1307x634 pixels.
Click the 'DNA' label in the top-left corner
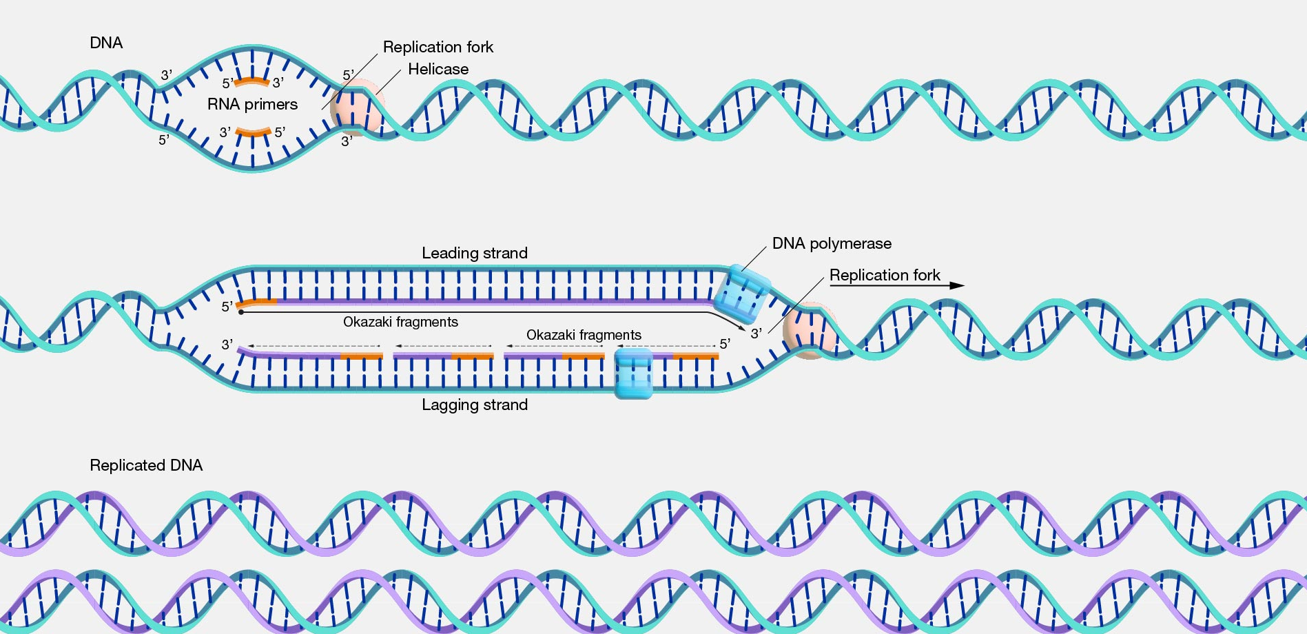pyautogui.click(x=106, y=43)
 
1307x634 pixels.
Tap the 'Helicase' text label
pyautogui.click(x=438, y=69)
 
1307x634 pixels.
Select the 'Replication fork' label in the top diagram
pyautogui.click(x=438, y=47)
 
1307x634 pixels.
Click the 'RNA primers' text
pyautogui.click(x=252, y=104)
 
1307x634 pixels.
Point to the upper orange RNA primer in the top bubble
pyautogui.click(x=252, y=81)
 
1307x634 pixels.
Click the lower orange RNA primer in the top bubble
pyautogui.click(x=253, y=132)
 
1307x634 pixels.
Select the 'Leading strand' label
pyautogui.click(x=475, y=253)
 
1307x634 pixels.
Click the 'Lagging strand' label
pyautogui.click(x=475, y=405)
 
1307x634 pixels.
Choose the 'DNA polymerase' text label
pyautogui.click(x=832, y=243)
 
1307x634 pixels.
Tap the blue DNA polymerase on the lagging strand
pyautogui.click(x=633, y=373)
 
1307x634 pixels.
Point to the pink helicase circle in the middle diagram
pyautogui.click(x=812, y=331)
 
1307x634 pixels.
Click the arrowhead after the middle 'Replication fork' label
pyautogui.click(x=957, y=285)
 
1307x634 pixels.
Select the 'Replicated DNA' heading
pyautogui.click(x=146, y=465)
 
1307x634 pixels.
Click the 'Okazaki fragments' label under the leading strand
pyautogui.click(x=400, y=322)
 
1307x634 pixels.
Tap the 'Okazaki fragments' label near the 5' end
pyautogui.click(x=584, y=335)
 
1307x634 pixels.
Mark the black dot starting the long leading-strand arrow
pyautogui.click(x=240, y=312)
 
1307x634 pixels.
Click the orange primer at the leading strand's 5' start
pyautogui.click(x=257, y=302)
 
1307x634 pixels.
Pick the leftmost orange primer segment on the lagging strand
pyautogui.click(x=362, y=356)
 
